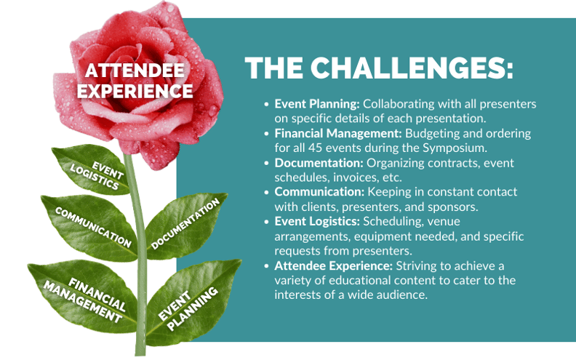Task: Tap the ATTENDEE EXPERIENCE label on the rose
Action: tap(135, 81)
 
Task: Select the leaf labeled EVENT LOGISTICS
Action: tap(92, 169)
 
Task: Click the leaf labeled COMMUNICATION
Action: tap(90, 228)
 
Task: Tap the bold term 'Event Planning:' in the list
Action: tap(317, 104)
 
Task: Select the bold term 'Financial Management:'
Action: tap(338, 133)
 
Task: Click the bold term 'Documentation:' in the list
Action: tap(319, 163)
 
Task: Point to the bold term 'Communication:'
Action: tap(319, 192)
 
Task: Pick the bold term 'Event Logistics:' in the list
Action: tap(317, 221)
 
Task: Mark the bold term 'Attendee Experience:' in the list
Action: tap(334, 265)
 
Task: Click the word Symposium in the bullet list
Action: tap(455, 148)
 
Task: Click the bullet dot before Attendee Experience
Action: tap(266, 266)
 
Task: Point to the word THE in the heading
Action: tap(273, 68)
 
